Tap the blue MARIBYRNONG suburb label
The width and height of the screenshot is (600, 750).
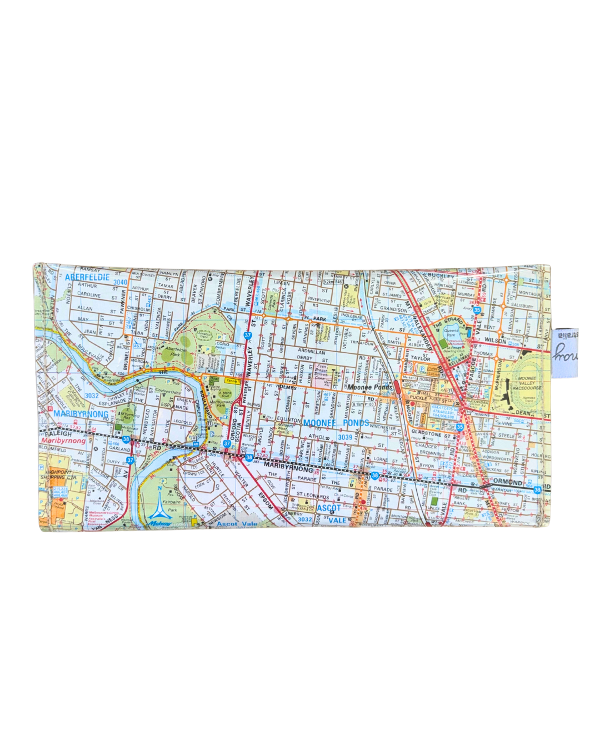pyautogui.click(x=81, y=414)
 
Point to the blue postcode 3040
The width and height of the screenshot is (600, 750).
pyautogui.click(x=120, y=282)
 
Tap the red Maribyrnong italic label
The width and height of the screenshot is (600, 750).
pyautogui.click(x=63, y=441)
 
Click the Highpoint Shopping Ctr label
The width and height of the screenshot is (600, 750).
pyautogui.click(x=58, y=474)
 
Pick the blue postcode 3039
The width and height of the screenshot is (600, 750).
pyautogui.click(x=345, y=438)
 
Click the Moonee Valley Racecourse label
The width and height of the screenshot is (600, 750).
pyautogui.click(x=526, y=383)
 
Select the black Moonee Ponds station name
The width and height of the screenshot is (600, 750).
pyautogui.click(x=370, y=387)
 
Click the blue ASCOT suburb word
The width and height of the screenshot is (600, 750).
pyautogui.click(x=329, y=508)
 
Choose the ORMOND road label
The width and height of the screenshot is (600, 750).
pyautogui.click(x=508, y=482)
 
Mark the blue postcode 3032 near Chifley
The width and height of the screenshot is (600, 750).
pyautogui.click(x=92, y=396)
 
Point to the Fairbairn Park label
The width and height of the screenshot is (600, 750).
pyautogui.click(x=172, y=506)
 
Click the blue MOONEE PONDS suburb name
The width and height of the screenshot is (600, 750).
pyautogui.click(x=336, y=423)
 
